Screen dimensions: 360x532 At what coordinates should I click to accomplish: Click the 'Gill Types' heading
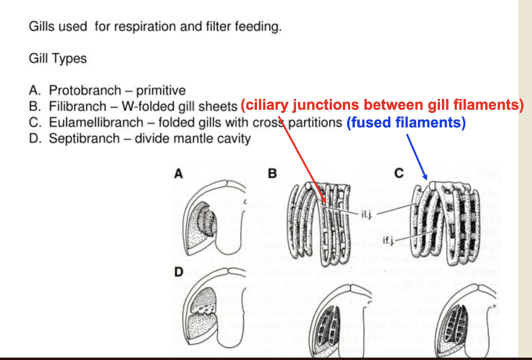[58, 59]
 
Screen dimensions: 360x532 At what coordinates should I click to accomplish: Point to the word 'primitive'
[161, 91]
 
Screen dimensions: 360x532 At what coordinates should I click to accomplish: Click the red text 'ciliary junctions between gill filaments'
[382, 106]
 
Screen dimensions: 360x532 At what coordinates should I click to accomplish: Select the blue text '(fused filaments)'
[407, 123]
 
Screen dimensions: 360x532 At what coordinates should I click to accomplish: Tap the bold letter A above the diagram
[178, 174]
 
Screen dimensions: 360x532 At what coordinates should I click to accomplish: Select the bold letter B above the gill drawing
[272, 174]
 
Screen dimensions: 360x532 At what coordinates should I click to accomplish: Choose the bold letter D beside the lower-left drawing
[178, 272]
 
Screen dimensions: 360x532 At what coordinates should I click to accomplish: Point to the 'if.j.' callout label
[388, 241]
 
